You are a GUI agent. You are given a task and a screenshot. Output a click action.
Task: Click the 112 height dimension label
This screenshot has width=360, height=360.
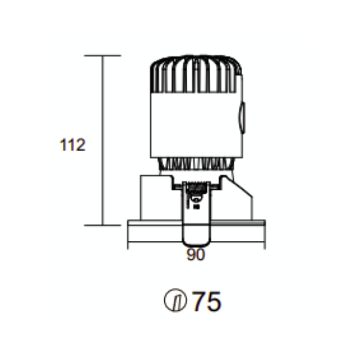(x=72, y=145)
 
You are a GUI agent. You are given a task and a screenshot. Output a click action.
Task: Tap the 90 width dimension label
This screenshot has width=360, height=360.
(x=196, y=255)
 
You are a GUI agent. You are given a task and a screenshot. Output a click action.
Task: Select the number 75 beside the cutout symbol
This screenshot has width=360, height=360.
(x=207, y=301)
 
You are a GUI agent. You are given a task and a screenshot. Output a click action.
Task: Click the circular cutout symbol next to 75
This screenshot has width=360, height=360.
(x=175, y=300)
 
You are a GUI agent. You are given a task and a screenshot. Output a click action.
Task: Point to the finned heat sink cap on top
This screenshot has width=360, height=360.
(x=196, y=74)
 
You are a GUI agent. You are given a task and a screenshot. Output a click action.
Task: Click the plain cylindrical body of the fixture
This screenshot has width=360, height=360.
(x=196, y=126)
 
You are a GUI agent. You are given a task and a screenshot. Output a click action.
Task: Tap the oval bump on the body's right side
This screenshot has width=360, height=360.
(x=242, y=118)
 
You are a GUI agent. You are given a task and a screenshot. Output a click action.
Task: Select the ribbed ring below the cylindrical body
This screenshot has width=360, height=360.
(x=196, y=164)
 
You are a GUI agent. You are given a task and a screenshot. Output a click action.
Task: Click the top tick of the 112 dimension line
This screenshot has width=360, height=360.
(x=102, y=56)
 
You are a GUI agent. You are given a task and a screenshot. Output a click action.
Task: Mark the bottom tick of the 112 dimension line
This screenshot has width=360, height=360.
(x=102, y=225)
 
